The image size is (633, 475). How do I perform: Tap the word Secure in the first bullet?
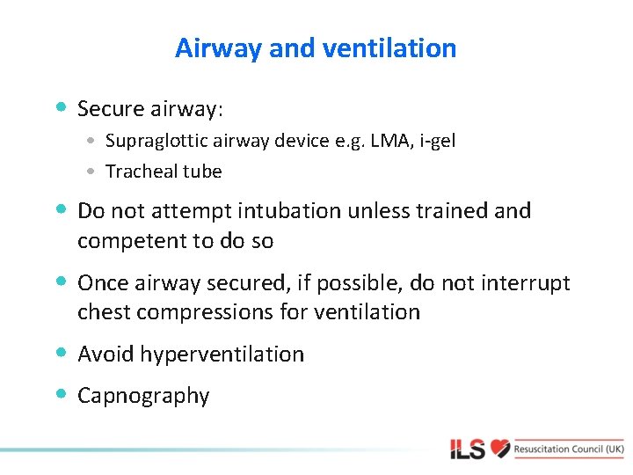tap(109, 109)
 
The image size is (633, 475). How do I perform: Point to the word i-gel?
tap(437, 141)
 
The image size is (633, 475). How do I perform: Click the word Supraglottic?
tap(153, 141)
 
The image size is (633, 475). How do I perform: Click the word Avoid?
tap(105, 354)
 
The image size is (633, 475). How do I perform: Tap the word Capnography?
tap(143, 396)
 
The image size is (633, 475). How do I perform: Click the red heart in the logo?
tap(500, 448)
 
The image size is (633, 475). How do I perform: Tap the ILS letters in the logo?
tap(468, 449)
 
